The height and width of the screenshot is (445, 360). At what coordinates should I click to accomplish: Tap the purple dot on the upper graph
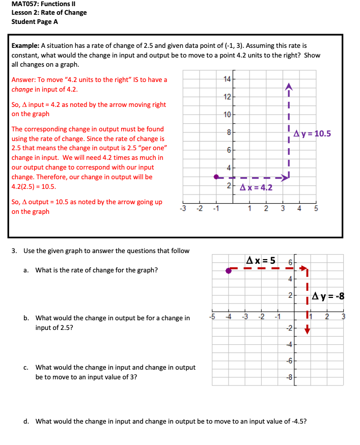point(216,177)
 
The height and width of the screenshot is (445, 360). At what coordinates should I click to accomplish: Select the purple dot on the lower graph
point(229,271)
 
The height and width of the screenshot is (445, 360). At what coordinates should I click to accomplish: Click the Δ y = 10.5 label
point(313,134)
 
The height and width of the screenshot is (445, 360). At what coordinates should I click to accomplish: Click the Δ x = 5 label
point(261,261)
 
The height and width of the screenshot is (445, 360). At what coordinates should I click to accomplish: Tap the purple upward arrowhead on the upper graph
point(288,86)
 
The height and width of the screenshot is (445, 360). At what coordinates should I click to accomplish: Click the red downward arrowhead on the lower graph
point(307,331)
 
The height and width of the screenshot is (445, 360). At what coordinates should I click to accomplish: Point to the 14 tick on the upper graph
point(227,78)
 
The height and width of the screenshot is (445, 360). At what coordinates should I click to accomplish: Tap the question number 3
point(14,251)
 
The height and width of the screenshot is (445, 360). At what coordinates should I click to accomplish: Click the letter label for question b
point(25,318)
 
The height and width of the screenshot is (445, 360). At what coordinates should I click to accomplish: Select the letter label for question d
point(25,421)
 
